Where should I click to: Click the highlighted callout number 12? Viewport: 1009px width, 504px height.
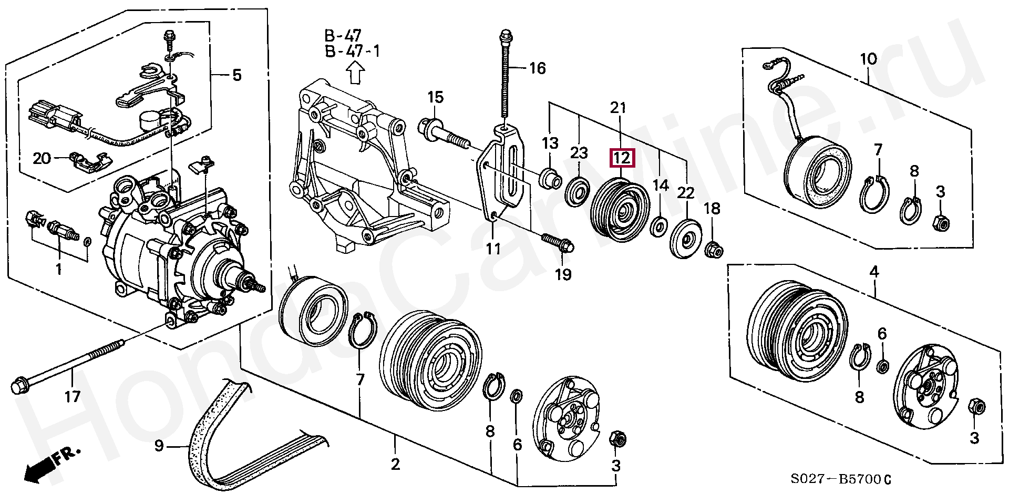point(622,158)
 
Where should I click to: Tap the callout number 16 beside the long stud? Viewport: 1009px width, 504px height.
point(537,68)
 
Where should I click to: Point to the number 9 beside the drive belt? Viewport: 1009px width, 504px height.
point(159,446)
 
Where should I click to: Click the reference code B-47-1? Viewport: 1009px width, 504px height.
point(352,52)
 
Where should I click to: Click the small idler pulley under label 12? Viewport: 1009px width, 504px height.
point(621,210)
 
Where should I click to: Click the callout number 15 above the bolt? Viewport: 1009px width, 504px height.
point(435,97)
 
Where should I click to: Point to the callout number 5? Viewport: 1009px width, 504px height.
point(237,75)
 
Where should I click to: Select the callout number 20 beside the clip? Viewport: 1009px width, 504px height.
point(42,158)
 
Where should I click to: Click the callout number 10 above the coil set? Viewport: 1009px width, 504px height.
point(868,59)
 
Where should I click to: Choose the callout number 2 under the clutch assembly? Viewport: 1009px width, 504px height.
point(395,464)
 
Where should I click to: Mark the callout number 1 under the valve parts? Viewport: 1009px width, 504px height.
point(59,270)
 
